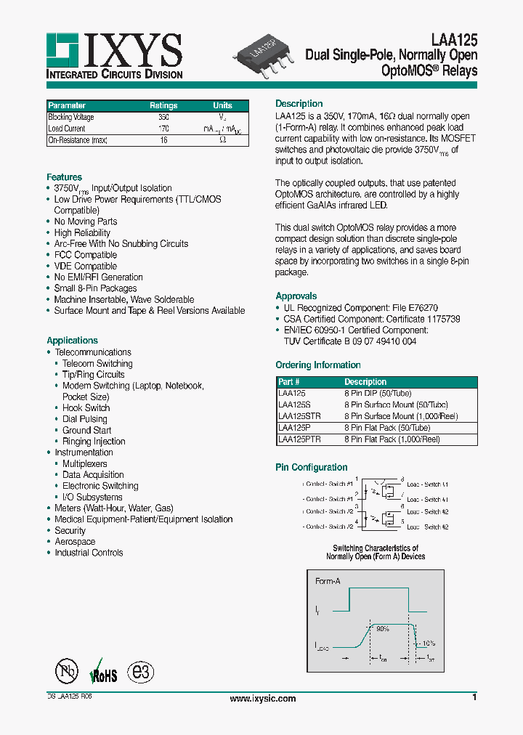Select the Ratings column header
[x=163, y=105]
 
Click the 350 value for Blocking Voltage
[x=163, y=117]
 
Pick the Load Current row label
[x=66, y=129]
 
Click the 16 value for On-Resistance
[x=163, y=140]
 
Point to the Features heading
[x=64, y=177]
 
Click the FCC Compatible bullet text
[x=85, y=255]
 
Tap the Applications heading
[x=72, y=341]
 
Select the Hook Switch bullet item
[x=86, y=408]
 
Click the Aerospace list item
[x=75, y=542]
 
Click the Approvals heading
[x=296, y=296]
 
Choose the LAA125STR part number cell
[x=299, y=416]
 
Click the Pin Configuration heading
[x=311, y=468]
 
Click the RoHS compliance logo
[x=102, y=673]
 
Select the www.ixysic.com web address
[x=262, y=699]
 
